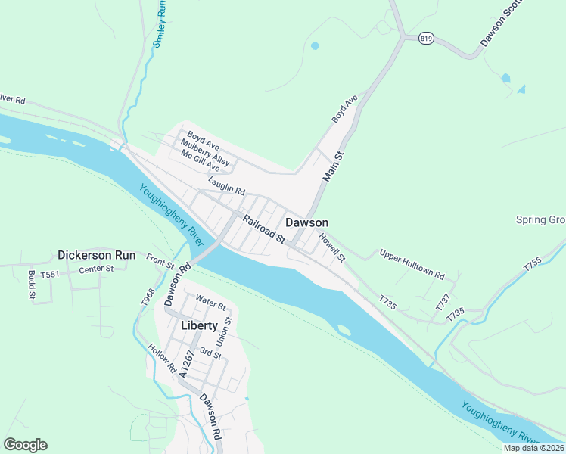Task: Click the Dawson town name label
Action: pos(307,222)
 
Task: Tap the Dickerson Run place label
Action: pos(97,255)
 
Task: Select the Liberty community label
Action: pos(199,325)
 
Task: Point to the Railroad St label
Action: pos(263,229)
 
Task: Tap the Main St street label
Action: pos(334,166)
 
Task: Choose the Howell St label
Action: pos(331,247)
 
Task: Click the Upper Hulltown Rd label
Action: pos(412,265)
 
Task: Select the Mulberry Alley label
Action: pos(204,151)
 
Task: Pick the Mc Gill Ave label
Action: pos(199,161)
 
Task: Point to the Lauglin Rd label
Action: pos(227,185)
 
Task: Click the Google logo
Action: pos(25,445)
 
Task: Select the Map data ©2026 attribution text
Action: pos(533,448)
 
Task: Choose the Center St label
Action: pos(96,268)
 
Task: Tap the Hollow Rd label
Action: pos(162,360)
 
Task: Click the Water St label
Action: pos(210,302)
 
